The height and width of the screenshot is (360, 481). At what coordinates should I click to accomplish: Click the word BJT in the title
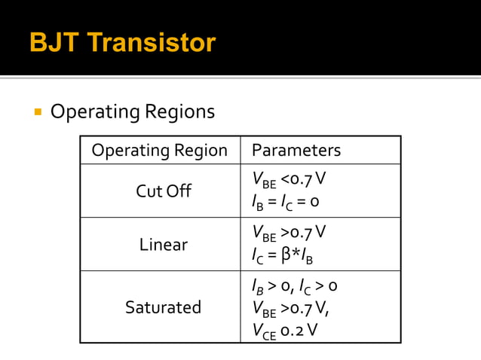[54, 42]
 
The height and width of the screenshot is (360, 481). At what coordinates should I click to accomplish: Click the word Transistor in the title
[151, 42]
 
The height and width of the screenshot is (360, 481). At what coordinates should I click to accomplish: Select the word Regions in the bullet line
[180, 112]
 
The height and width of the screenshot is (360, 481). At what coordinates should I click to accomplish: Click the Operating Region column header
[159, 151]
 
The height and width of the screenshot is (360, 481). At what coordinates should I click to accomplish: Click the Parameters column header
[296, 151]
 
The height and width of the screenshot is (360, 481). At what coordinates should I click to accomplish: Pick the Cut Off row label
[164, 191]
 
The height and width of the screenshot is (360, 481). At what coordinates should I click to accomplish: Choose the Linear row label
[164, 245]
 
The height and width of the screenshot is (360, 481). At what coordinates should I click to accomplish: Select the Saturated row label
[164, 307]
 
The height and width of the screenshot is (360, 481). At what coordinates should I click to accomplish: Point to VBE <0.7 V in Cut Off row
[289, 180]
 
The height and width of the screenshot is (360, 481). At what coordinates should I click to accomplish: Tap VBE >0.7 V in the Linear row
[289, 232]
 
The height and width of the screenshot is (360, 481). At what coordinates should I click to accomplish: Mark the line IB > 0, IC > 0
[294, 286]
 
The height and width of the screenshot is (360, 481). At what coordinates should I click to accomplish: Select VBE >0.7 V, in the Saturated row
[291, 307]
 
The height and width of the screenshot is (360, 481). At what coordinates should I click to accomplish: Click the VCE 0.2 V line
[284, 329]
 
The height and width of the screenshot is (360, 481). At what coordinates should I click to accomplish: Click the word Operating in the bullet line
[95, 112]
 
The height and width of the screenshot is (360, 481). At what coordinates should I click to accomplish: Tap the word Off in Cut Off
[180, 191]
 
